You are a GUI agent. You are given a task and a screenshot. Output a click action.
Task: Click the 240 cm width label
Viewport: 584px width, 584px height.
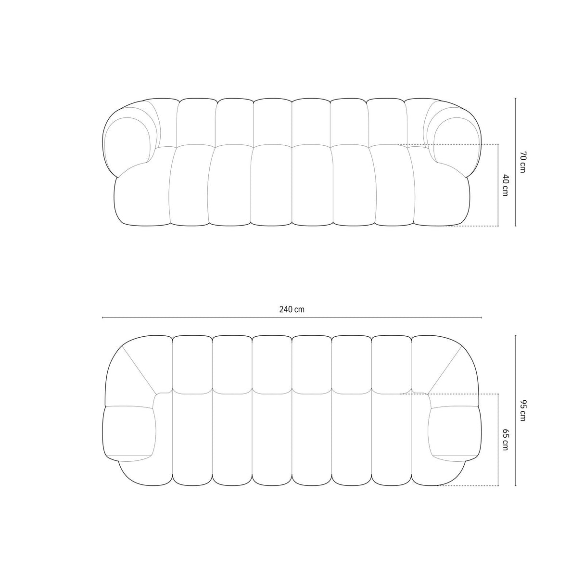pos(292,310)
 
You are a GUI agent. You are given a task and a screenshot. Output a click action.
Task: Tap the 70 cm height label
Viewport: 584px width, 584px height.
pos(523,163)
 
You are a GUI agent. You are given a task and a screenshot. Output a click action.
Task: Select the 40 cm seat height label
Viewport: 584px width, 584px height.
pos(505,185)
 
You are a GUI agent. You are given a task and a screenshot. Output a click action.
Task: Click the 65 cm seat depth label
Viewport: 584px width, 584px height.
pos(505,439)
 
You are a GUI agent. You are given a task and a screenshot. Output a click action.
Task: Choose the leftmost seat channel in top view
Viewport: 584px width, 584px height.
pos(192,438)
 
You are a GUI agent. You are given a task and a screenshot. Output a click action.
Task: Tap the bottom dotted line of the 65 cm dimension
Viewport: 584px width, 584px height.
pos(467,486)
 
